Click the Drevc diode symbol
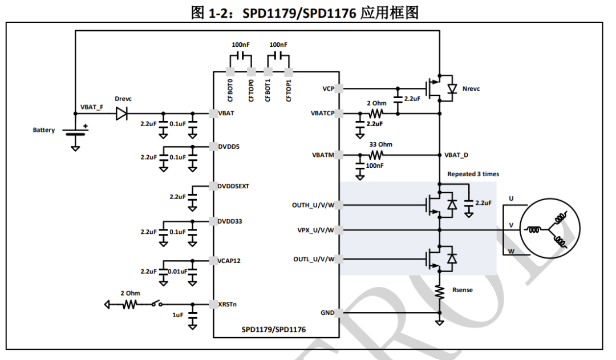[121, 114]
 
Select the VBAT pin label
[226, 114]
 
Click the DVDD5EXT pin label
[233, 186]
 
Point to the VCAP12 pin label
[229, 260]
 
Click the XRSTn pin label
[228, 304]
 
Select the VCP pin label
[328, 89]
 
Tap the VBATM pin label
[323, 155]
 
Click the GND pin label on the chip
[327, 313]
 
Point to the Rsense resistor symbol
[440, 291]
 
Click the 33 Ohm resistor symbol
[376, 155]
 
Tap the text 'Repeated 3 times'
[473, 174]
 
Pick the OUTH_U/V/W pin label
[313, 205]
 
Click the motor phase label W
[511, 250]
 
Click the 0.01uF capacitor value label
[178, 271]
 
